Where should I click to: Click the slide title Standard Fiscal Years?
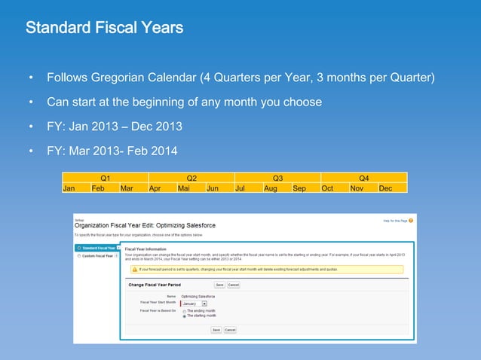(x=104, y=29)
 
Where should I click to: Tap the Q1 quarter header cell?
(x=105, y=178)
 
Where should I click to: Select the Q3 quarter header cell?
(x=277, y=178)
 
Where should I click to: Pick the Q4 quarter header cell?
(x=363, y=178)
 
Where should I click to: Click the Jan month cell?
(x=69, y=188)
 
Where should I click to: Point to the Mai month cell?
(x=183, y=188)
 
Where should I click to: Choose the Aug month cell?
(x=270, y=188)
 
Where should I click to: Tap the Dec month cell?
(x=385, y=188)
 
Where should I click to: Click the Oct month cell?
(x=327, y=188)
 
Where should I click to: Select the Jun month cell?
(x=213, y=188)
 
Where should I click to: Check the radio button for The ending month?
(x=183, y=311)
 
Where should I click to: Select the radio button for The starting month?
(x=183, y=316)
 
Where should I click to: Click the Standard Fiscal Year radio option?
(x=78, y=248)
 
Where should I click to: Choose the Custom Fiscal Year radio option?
(x=78, y=256)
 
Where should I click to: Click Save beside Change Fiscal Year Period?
(x=219, y=285)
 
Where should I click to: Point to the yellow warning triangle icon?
(x=134, y=268)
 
